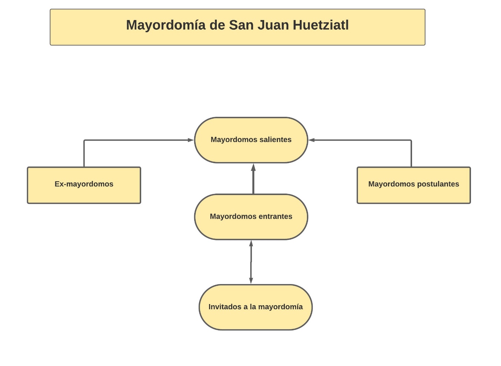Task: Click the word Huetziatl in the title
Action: [x=321, y=25]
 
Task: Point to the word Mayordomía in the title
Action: [x=166, y=25]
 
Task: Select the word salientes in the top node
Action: [x=274, y=140]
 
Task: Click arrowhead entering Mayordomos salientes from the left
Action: [x=191, y=140]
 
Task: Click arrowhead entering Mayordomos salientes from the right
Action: [x=312, y=140]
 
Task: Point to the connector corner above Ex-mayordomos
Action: [x=84, y=141]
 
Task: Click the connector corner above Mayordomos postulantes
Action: [x=411, y=141]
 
